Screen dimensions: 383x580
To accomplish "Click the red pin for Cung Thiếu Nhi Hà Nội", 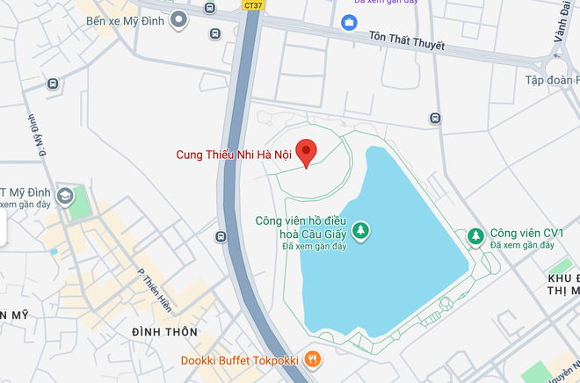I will click(306, 152).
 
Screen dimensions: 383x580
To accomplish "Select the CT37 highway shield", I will click(252, 5).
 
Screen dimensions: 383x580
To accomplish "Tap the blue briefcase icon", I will click(350, 21).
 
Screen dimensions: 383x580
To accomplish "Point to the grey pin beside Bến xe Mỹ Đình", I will click(180, 18).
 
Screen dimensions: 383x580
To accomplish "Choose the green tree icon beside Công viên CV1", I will click(475, 235).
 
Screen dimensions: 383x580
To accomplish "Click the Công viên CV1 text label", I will click(527, 234).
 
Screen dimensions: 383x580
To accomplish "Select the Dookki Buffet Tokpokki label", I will click(239, 359).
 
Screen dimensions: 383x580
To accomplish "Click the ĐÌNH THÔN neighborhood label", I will click(164, 331).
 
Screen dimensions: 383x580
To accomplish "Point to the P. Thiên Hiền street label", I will click(155, 291).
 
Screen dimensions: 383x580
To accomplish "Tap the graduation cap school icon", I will click(64, 195).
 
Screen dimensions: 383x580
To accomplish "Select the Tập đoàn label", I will click(554, 81).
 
